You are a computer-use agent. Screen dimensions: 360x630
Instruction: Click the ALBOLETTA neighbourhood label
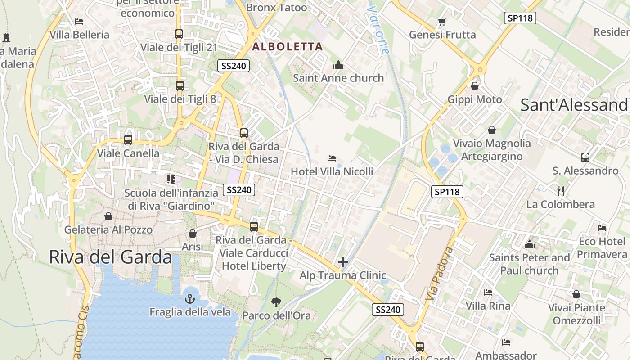point(288,46)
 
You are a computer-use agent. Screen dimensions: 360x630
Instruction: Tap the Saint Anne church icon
point(338,65)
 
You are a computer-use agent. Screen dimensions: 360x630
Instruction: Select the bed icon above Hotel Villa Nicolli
point(332,158)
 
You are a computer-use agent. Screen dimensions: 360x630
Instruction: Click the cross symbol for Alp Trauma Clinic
point(343,261)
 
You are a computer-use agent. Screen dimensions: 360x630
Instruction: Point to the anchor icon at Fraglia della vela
point(190,298)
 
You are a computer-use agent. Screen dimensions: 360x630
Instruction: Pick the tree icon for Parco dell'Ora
point(276,302)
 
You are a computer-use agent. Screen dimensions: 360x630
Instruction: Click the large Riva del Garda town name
point(110,257)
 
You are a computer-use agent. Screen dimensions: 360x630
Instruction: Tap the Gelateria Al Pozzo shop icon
point(108,216)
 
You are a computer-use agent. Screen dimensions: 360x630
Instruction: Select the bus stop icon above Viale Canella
point(128,139)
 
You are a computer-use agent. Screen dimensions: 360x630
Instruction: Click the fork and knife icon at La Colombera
point(561,191)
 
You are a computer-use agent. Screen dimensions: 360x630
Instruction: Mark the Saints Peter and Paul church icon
point(530,244)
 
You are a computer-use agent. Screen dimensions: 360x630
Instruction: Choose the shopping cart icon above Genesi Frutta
point(442,22)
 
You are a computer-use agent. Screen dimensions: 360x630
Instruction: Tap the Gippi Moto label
point(475,99)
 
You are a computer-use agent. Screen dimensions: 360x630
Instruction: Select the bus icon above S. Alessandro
point(585,157)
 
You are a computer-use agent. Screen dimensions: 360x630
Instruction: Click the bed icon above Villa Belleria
point(79,21)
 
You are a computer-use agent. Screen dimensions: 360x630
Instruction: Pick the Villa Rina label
point(488,306)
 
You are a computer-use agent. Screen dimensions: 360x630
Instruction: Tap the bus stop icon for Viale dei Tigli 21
point(179,34)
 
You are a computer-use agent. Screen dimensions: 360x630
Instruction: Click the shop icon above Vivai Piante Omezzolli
point(576,294)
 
